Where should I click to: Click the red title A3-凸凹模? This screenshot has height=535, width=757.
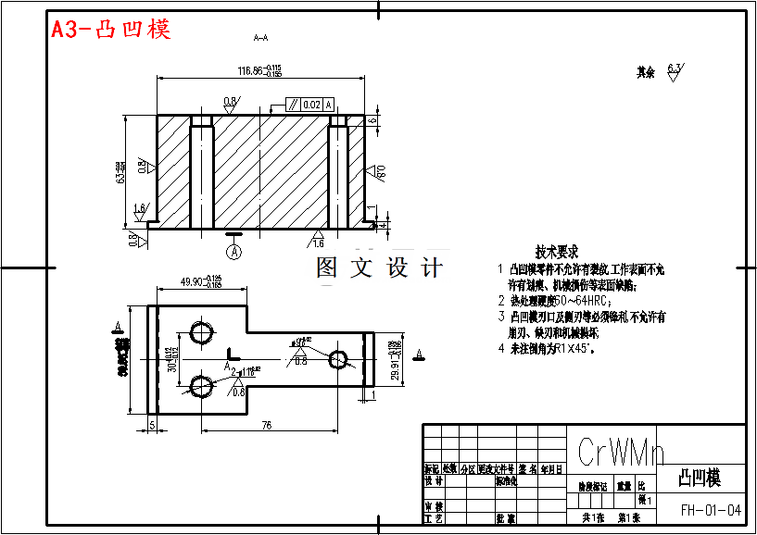point(110,29)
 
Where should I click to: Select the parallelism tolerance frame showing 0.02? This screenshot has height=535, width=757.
point(309,105)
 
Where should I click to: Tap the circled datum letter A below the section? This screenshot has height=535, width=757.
point(234,251)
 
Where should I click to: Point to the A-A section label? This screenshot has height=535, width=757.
point(260,38)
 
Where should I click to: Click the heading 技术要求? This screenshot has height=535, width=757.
point(556,251)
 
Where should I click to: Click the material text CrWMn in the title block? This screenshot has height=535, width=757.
point(621,452)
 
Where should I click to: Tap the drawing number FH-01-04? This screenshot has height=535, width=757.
point(711,510)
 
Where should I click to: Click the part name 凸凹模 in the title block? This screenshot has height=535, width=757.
point(700,479)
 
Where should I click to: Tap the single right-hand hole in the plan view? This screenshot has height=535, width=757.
point(338,359)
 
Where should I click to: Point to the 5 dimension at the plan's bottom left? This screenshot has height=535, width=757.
point(152,425)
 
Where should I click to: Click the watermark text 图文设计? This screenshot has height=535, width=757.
point(378,268)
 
